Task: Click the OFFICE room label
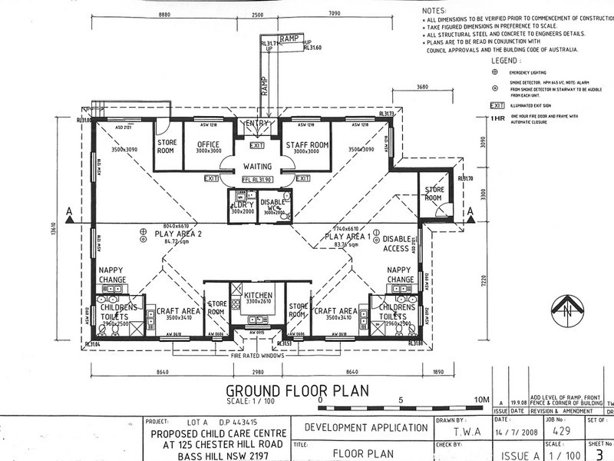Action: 207,144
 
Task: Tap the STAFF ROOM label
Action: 307,144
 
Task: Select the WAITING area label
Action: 258,165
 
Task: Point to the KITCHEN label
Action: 258,295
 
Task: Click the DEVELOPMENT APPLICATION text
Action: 366,427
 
